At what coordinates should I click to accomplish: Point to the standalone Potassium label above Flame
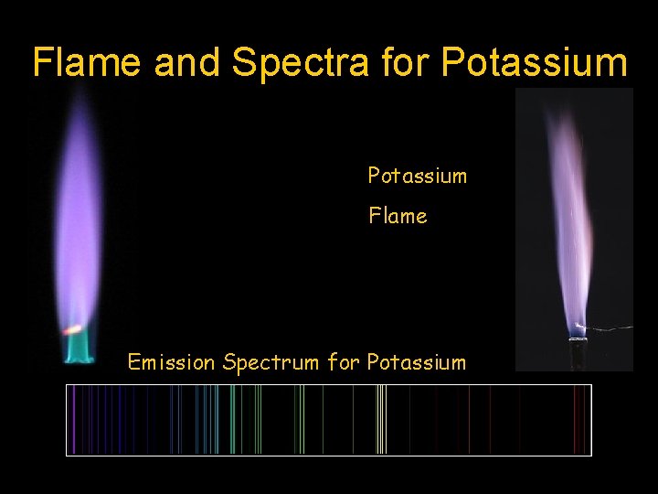417,176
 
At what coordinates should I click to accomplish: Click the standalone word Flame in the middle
398,216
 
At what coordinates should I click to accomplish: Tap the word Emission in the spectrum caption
172,362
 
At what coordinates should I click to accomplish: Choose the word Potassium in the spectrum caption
416,362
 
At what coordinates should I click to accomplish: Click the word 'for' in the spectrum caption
344,362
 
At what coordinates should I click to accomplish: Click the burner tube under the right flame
578,352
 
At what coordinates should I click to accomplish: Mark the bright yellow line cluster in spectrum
382,420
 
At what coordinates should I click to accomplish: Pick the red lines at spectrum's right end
578,420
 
